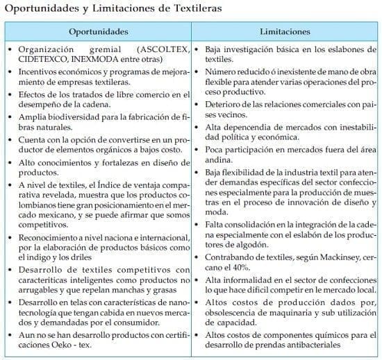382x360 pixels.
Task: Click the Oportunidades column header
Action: click(99, 32)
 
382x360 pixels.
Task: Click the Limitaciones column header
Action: click(285, 32)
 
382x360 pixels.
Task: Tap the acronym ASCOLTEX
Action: click(162, 51)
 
